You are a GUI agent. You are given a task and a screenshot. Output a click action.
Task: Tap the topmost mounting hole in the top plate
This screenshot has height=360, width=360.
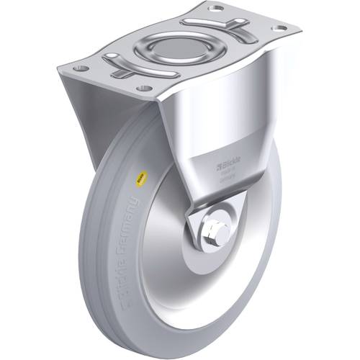pyautogui.click(x=215, y=9)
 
